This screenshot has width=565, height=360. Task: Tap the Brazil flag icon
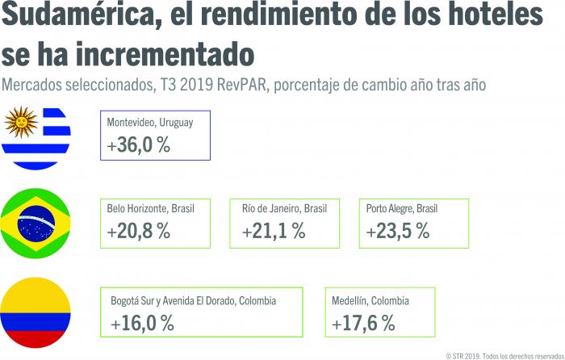(36, 222)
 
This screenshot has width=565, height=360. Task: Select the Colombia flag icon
(36, 311)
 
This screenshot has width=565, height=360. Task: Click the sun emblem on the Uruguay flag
(21, 123)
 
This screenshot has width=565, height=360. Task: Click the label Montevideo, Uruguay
(149, 122)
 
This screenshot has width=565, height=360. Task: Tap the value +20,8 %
(138, 231)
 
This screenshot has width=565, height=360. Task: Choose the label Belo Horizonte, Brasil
(150, 208)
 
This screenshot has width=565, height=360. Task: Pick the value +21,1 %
(274, 231)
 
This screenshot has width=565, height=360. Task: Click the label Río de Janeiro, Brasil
(284, 208)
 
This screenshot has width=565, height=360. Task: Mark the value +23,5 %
(397, 231)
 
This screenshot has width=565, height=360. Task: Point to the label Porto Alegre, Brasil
(401, 208)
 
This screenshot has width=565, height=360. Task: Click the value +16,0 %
(142, 323)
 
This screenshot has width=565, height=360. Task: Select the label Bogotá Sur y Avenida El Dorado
(194, 301)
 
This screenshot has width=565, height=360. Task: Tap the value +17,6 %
(363, 323)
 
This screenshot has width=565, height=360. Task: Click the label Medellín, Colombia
(370, 301)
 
